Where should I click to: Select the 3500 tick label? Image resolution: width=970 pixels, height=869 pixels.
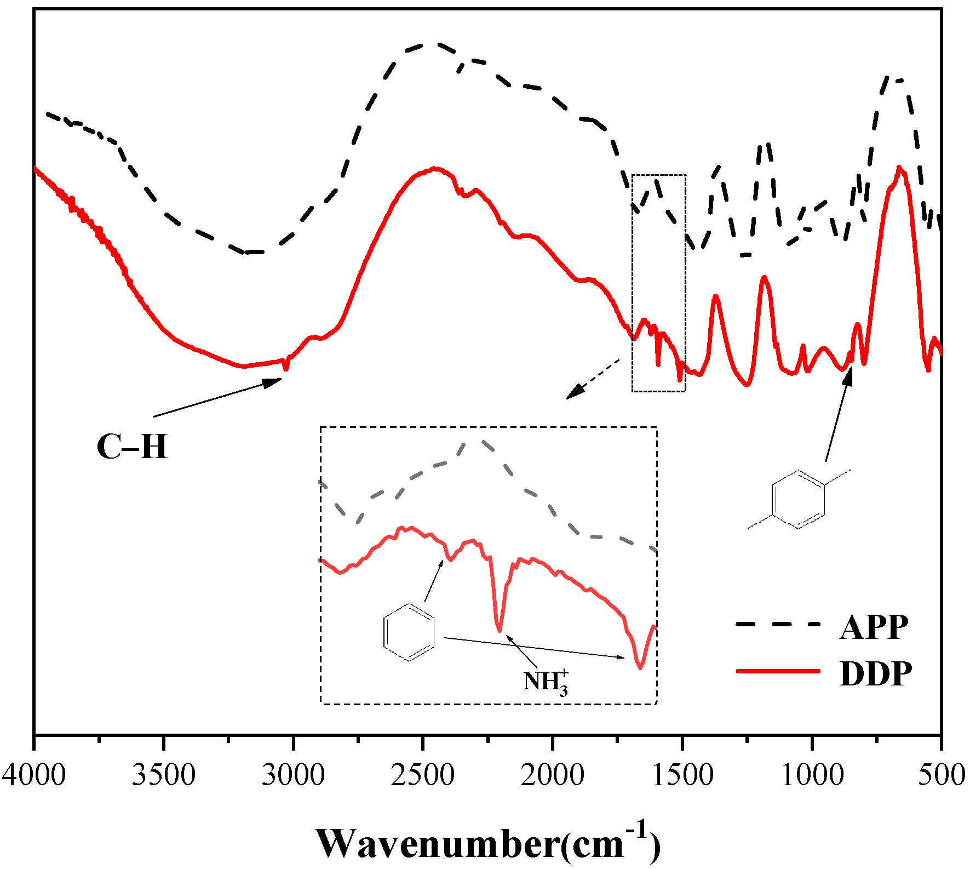[x=163, y=775]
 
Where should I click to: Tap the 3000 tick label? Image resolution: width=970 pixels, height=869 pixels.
[x=293, y=775]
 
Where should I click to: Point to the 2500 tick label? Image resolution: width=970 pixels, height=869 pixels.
[x=422, y=775]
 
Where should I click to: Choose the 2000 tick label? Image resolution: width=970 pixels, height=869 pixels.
[x=552, y=775]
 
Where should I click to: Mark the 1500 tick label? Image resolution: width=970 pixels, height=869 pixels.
[x=682, y=775]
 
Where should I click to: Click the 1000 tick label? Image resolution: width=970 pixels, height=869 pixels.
[x=812, y=775]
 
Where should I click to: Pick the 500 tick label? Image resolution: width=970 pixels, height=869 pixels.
[x=941, y=775]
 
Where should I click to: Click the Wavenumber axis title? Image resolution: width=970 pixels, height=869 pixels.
[x=487, y=842]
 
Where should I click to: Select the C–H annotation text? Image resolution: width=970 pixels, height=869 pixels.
[x=131, y=447]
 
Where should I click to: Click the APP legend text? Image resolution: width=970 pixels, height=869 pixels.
[x=874, y=627]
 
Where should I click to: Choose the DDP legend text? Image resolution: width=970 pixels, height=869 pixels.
[x=876, y=673]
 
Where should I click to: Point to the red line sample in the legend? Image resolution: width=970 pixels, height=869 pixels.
[x=778, y=671]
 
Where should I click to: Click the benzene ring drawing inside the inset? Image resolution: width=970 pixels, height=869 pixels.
[x=409, y=632]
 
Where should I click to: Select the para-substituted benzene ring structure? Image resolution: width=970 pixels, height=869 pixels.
[x=798, y=499]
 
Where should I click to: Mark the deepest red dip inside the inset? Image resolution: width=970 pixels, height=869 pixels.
[x=640, y=667]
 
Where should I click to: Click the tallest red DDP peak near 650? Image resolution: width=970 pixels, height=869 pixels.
[x=899, y=168]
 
